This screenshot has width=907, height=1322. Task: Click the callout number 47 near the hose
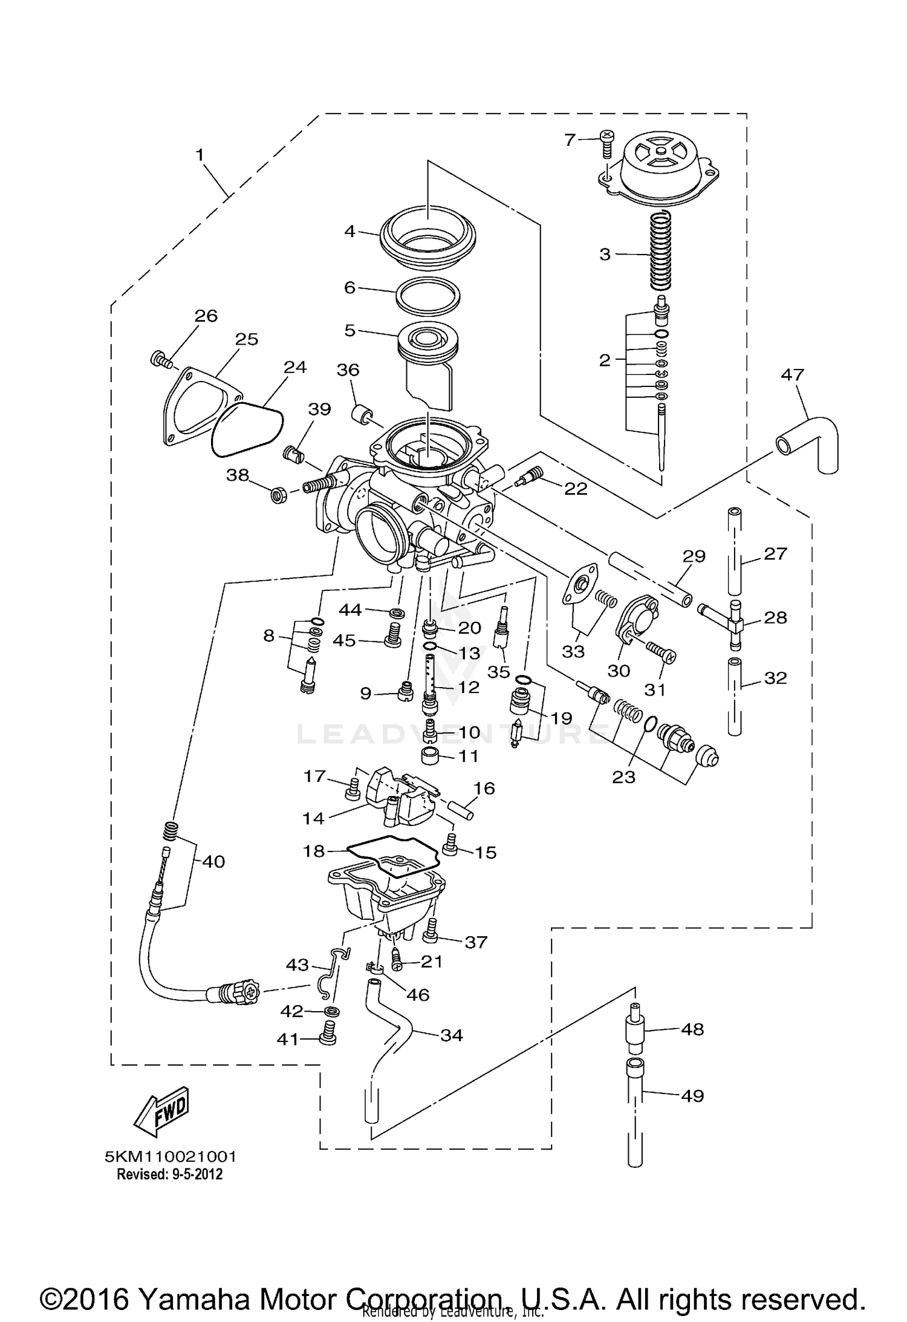(792, 376)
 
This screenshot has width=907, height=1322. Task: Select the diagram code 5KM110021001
(171, 1156)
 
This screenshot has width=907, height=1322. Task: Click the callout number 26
(206, 316)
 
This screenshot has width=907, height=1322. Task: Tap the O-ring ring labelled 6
(427, 296)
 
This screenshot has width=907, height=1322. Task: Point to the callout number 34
(452, 1035)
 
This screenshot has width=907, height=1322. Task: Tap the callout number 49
(692, 1095)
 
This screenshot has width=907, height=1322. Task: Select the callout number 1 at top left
(200, 155)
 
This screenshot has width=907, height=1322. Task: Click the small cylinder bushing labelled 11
(431, 757)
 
